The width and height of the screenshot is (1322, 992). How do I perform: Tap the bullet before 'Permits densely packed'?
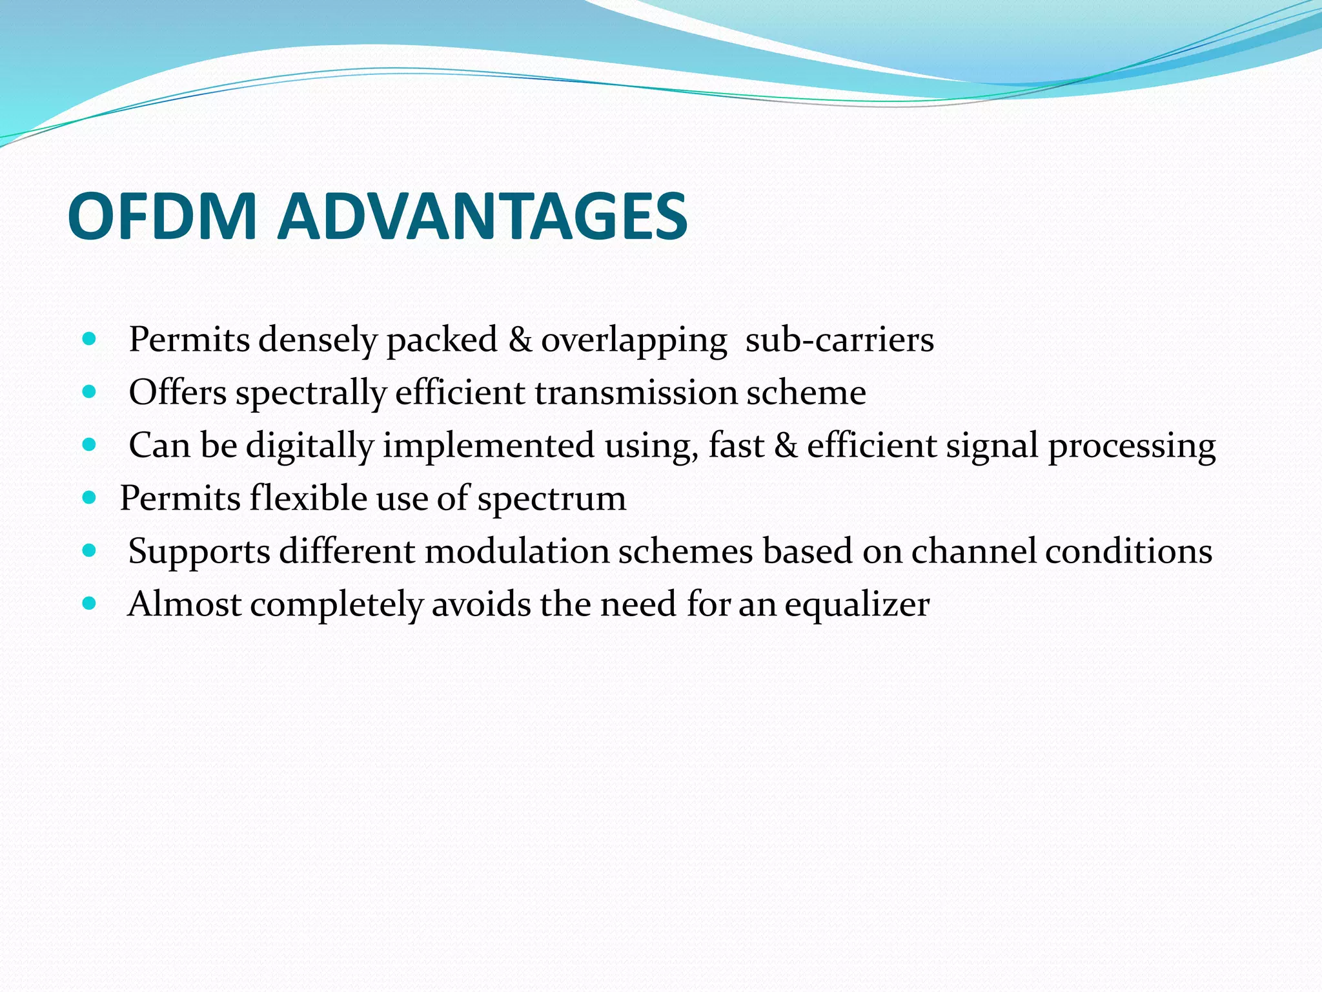pos(90,338)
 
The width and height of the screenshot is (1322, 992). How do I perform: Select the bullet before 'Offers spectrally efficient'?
pos(90,391)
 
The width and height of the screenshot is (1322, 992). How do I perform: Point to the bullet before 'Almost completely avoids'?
pos(90,603)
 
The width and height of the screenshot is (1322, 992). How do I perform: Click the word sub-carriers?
pos(839,340)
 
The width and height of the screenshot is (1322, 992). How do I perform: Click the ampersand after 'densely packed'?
pos(520,340)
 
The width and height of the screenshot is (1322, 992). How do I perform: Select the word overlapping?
pos(634,341)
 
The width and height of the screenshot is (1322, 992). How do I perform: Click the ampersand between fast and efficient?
pos(786,446)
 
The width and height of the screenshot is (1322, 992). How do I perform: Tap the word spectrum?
pos(552,500)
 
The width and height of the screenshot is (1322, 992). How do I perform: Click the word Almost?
pos(184,604)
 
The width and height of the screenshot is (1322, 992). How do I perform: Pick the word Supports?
pos(199,553)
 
